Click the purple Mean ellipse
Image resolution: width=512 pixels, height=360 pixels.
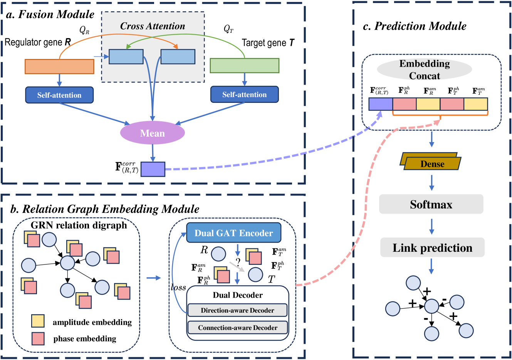(x=153, y=133)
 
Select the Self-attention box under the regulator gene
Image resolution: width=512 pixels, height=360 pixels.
(x=59, y=95)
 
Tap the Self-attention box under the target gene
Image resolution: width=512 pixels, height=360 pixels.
(x=244, y=94)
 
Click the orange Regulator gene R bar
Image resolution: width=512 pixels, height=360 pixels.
(x=59, y=66)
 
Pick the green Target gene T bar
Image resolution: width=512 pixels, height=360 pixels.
(x=244, y=65)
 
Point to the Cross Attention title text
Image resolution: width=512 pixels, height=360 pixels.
(x=153, y=26)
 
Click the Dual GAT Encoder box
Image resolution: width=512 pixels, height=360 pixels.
(x=233, y=233)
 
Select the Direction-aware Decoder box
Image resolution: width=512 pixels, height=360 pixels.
(x=237, y=310)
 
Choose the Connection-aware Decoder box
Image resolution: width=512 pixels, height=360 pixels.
(x=237, y=328)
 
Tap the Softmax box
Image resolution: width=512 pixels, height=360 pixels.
(x=431, y=204)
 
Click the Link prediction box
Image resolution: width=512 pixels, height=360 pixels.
(x=432, y=248)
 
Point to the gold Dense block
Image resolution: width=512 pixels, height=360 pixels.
(x=431, y=162)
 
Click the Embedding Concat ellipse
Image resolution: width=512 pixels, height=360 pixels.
(x=425, y=70)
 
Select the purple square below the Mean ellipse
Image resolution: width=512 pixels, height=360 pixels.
(x=153, y=169)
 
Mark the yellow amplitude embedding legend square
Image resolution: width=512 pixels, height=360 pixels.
(x=38, y=321)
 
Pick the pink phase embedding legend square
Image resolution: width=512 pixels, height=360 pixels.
(x=38, y=338)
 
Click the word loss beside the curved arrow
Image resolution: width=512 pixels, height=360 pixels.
(x=178, y=288)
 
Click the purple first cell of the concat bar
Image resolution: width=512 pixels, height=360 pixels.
(x=381, y=104)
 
